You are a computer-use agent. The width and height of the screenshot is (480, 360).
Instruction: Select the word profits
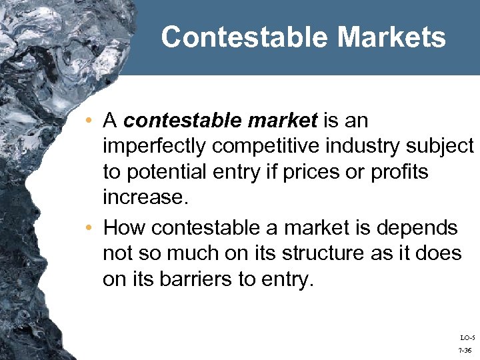[400, 172]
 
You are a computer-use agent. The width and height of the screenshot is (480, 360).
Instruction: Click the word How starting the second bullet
[125, 228]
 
